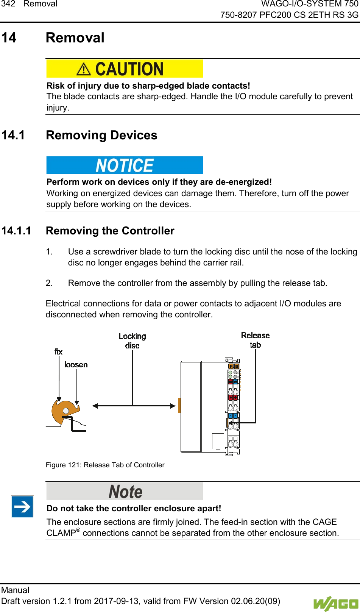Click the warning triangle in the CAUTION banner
pos(83,69)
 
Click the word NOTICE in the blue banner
pos(125,165)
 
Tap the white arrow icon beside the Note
pos(22,507)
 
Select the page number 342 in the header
pos(8,4)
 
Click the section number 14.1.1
pos(16,231)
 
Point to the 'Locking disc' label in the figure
pos(132,341)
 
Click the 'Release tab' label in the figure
pos(255,340)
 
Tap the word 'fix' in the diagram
pos(58,352)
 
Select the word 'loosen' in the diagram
pos(76,365)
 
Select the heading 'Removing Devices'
pos(101,135)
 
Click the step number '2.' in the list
pos(49,283)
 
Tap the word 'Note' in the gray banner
pos(125,492)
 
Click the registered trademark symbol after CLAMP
pos(78,530)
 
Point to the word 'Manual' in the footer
pos(15,590)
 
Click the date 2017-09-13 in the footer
pos(117,601)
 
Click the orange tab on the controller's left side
pos(179,405)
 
